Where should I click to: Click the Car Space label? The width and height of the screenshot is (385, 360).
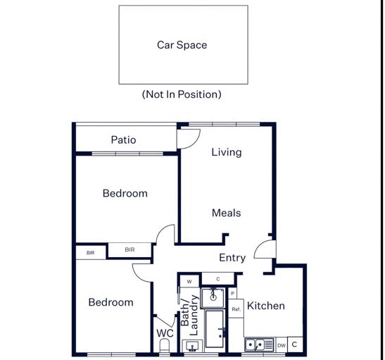pos(182,45)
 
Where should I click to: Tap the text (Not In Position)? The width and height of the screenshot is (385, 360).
pos(182,94)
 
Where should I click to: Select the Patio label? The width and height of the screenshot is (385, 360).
pos(123,139)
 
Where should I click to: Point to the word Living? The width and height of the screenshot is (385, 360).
pos(226,152)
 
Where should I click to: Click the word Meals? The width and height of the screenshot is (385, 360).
pos(226,213)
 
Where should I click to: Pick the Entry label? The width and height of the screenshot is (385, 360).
pos(232,258)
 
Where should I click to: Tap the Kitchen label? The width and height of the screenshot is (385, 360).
pos(266,306)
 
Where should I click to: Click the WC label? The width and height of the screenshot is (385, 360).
pos(165,333)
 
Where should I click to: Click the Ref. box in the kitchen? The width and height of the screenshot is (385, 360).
pos(236,309)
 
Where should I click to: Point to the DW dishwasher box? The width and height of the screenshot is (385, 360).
pos(282,345)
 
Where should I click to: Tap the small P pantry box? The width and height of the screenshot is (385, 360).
pos(232,293)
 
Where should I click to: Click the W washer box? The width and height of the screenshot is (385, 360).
pos(189,282)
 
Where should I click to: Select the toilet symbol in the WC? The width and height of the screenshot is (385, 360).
pos(165,346)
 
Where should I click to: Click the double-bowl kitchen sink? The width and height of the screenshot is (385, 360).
pos(258,345)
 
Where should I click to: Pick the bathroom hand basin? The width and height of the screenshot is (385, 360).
pos(192,346)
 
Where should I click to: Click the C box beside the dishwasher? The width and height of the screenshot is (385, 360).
pos(294,345)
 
